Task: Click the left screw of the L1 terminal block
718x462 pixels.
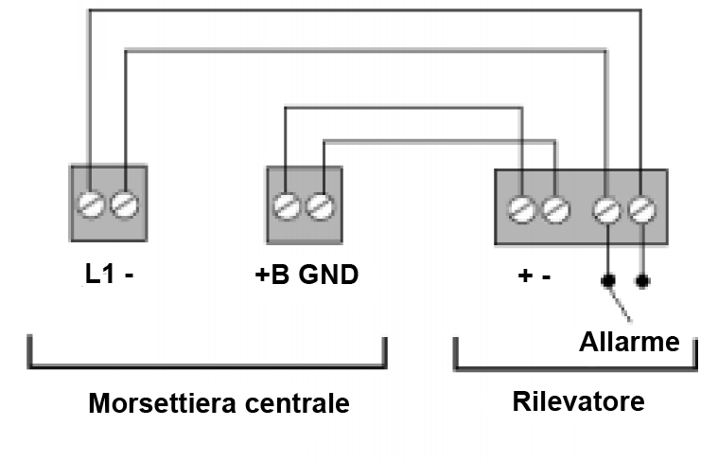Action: (x=90, y=204)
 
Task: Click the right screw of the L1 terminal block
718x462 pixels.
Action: (x=125, y=204)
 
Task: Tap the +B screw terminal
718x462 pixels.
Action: (x=287, y=204)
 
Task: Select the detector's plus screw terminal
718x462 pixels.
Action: (x=520, y=206)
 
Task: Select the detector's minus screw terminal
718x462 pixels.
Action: (x=556, y=206)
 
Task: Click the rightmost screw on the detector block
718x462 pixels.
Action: (x=642, y=206)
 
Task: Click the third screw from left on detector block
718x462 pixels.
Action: (x=606, y=206)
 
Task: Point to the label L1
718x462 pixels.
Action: (x=98, y=276)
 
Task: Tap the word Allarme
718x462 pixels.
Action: (x=629, y=341)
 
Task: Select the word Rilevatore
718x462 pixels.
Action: (x=578, y=400)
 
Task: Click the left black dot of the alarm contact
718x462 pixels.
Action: (x=606, y=281)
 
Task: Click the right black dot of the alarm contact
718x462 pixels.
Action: (x=643, y=281)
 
